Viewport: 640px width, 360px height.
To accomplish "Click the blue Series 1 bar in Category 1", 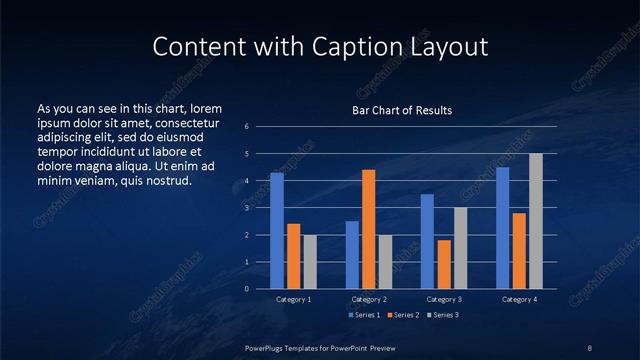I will click(277, 231).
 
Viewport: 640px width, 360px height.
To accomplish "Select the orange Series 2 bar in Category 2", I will click(368, 229).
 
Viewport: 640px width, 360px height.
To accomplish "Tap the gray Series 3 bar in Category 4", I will click(535, 221).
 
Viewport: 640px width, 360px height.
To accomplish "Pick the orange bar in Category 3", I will click(443, 264).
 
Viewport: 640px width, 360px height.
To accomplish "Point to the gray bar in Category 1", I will click(309, 262).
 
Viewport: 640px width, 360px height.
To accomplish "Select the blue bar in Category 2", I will click(352, 255).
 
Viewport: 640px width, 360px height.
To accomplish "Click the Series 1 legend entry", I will click(364, 315).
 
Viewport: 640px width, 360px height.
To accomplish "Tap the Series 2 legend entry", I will click(405, 315).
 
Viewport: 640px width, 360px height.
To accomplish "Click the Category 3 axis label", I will click(443, 299).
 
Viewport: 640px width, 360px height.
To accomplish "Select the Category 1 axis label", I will click(293, 299).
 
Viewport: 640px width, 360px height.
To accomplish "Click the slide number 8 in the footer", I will click(589, 347).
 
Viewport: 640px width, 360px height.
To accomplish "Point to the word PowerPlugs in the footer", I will click(266, 347).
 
